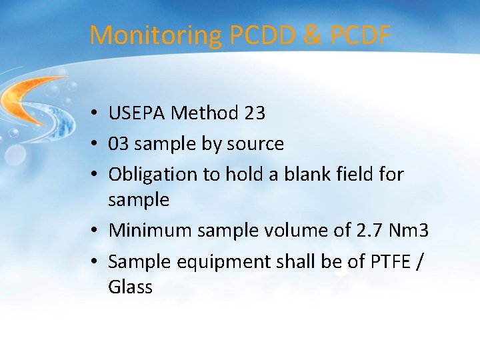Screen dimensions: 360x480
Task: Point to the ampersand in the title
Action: [x=312, y=35]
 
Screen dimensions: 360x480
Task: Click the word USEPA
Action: [x=137, y=113]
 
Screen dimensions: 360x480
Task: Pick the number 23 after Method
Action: [x=255, y=113]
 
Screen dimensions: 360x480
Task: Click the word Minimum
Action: [x=148, y=231]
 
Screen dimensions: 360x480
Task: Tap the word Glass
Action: [x=131, y=287]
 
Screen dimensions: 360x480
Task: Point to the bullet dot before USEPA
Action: [x=97, y=114]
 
